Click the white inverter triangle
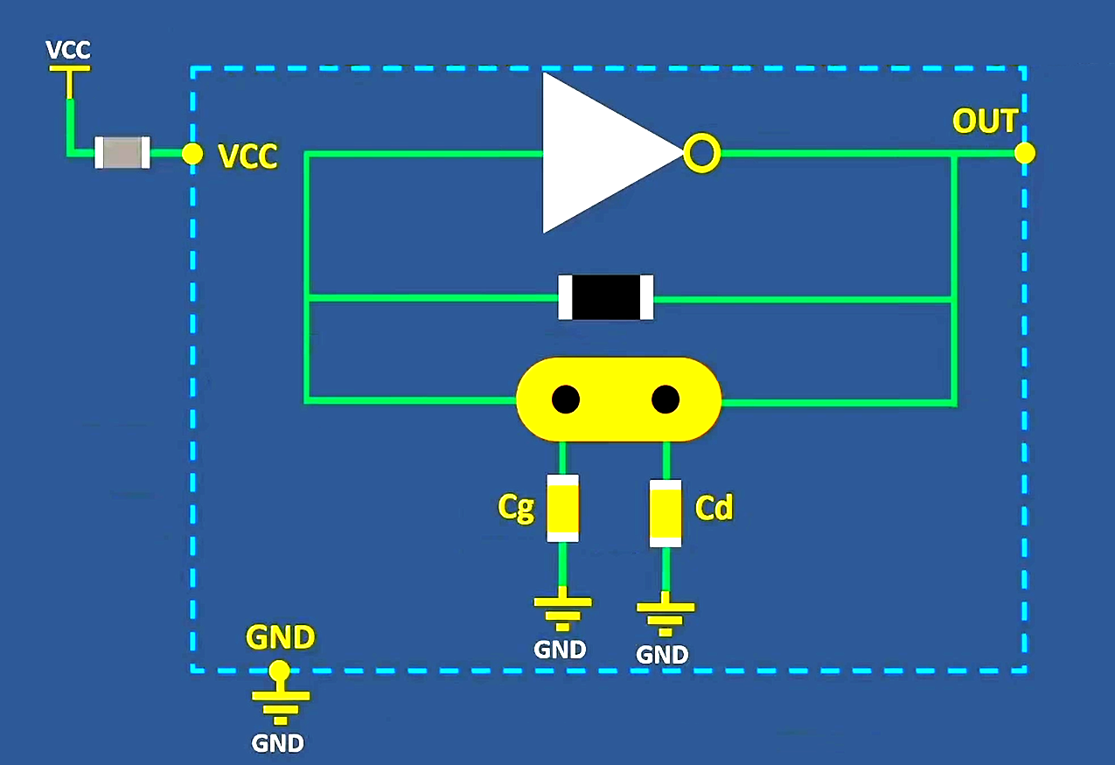pyautogui.click(x=595, y=153)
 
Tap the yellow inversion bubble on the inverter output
pyautogui.click(x=701, y=154)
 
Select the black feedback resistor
pyautogui.click(x=606, y=297)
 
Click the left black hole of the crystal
pyautogui.click(x=566, y=400)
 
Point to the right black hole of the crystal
pyautogui.click(x=666, y=400)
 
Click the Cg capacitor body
pyautogui.click(x=562, y=508)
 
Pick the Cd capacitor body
pyautogui.click(x=666, y=513)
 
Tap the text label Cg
pyautogui.click(x=516, y=507)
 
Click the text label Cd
pyautogui.click(x=713, y=508)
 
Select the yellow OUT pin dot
pyautogui.click(x=1025, y=153)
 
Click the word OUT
pyautogui.click(x=985, y=122)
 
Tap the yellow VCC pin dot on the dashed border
pyautogui.click(x=192, y=154)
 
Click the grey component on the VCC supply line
pyautogui.click(x=122, y=153)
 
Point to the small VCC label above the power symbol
pyautogui.click(x=68, y=50)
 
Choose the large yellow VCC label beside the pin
pyautogui.click(x=247, y=156)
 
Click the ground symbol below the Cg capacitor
pyautogui.click(x=562, y=610)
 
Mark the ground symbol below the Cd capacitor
pyautogui.click(x=666, y=615)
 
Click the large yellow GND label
pyautogui.click(x=280, y=637)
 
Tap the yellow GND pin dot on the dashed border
pyautogui.click(x=279, y=671)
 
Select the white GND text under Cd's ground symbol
pyautogui.click(x=662, y=654)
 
